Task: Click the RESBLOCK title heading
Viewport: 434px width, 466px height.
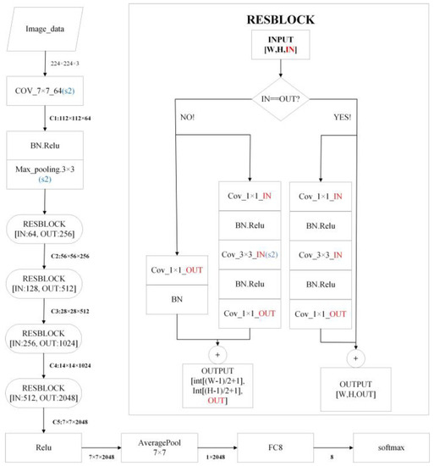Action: [283, 18]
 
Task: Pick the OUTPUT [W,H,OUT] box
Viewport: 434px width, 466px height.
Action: [356, 391]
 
